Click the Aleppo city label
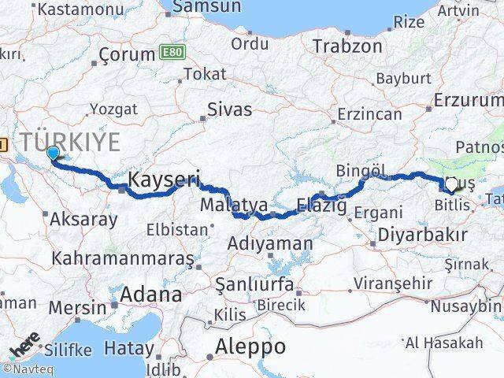251,346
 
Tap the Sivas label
230,109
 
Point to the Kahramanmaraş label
122,258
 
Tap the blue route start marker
53,154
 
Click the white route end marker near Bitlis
451,186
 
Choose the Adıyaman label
269,244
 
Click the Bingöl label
360,170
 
